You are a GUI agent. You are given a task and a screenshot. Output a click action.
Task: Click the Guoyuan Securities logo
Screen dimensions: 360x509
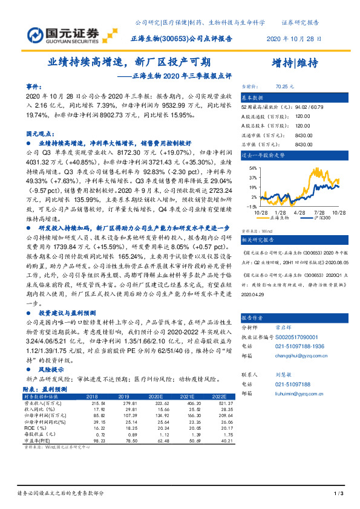pyautogui.click(x=63, y=31)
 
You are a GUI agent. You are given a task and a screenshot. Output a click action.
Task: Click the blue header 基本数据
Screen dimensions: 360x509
pyautogui.click(x=253, y=97)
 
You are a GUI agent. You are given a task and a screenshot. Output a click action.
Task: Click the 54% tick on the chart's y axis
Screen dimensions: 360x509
pyautogui.click(x=252, y=169)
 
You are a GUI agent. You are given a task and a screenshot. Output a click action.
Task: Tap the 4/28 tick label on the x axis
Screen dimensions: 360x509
pyautogui.click(x=298, y=212)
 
